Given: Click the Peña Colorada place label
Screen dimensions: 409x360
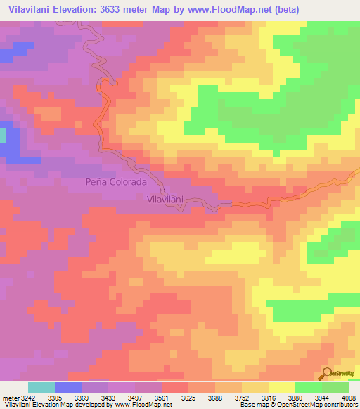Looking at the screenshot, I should coord(116,181).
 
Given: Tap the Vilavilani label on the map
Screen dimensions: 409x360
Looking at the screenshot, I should coord(165,199).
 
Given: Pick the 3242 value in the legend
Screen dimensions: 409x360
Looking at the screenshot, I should coord(28,398).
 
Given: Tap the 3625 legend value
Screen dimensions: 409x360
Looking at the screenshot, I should coord(188,398).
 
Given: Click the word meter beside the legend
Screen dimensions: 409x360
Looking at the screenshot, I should coord(9,398).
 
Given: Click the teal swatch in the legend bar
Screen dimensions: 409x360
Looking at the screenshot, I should coord(41,387).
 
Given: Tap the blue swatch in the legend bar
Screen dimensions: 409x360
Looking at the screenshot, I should coord(68,387).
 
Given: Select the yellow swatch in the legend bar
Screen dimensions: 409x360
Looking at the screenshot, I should coord(282,387).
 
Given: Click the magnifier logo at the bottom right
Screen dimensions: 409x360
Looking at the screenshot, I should coord(328,372).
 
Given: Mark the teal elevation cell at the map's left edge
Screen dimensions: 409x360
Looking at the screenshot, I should coord(2,135).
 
